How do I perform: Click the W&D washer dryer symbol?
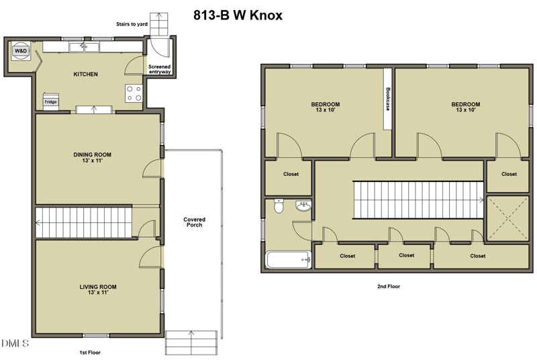tap(21, 51)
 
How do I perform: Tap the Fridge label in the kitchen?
tap(50, 102)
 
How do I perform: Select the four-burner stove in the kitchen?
tap(134, 93)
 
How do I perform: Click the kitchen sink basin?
tap(85, 47)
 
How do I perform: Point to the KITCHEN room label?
tap(86, 75)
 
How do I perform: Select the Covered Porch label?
tap(194, 222)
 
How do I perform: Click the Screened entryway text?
tap(160, 69)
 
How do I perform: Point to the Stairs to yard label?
tap(132, 24)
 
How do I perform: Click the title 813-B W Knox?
tap(238, 15)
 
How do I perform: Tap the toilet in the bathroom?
tap(279, 206)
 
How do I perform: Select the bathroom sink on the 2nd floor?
tap(303, 206)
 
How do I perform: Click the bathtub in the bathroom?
tap(289, 260)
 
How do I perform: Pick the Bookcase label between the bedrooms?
tap(388, 99)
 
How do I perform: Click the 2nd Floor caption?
tap(389, 286)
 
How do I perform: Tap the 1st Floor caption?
tap(90, 353)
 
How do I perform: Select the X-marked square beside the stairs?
tap(508, 218)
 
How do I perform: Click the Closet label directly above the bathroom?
tap(291, 175)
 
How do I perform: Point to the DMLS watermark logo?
tap(15, 343)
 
